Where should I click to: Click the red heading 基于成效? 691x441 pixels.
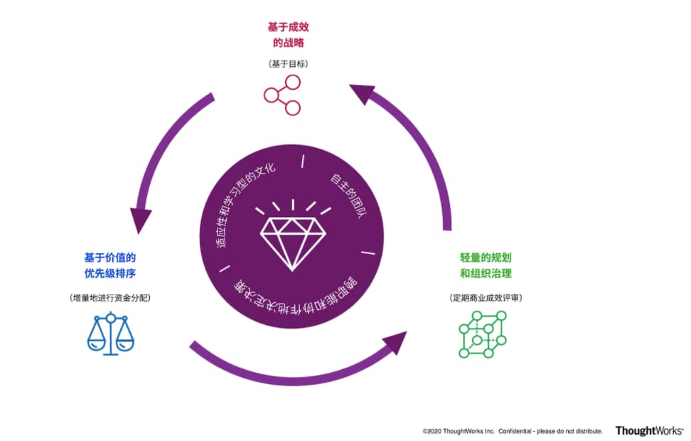pos(289,27)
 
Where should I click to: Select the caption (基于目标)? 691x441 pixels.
pos(289,64)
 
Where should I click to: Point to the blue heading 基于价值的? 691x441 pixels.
pos(110,257)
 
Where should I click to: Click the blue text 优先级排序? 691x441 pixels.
pos(110,273)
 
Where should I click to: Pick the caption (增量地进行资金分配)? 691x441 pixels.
pos(110,297)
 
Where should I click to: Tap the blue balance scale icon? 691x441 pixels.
pos(110,332)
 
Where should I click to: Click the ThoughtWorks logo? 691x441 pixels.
pos(649,430)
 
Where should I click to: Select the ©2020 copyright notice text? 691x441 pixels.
pos(512,431)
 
